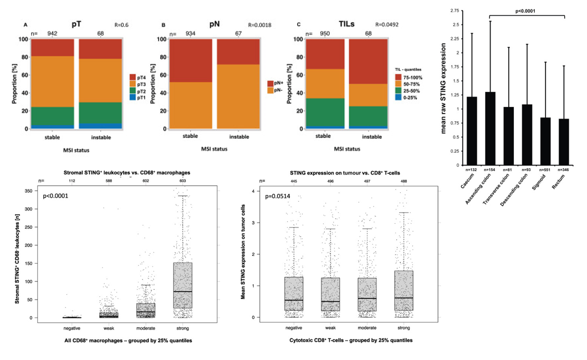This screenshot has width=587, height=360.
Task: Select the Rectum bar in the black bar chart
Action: (x=564, y=142)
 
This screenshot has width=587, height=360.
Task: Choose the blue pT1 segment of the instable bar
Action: (x=100, y=126)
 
